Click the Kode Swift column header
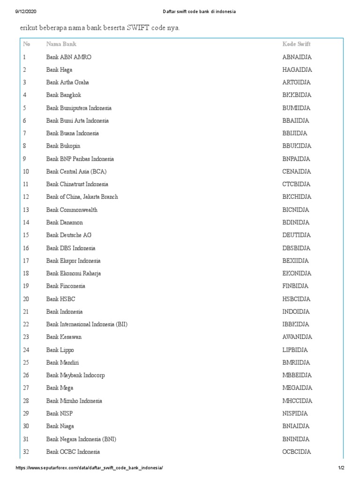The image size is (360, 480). pyautogui.click(x=296, y=44)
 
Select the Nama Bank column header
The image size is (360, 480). pyautogui.click(x=61, y=44)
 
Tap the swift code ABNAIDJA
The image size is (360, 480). pyautogui.click(x=297, y=57)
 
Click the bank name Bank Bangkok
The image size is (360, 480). pyautogui.click(x=63, y=95)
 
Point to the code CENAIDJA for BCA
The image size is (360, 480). pyautogui.click(x=297, y=172)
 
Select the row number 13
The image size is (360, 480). pyautogui.click(x=26, y=210)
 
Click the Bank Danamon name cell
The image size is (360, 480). pyautogui.click(x=64, y=222)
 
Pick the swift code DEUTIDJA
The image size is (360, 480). pyautogui.click(x=296, y=235)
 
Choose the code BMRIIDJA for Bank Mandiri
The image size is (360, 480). pyautogui.click(x=296, y=362)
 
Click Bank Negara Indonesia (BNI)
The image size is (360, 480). pyautogui.click(x=81, y=439)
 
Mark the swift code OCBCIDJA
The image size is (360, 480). pyautogui.click(x=296, y=452)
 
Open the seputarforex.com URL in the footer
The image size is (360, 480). pyautogui.click(x=90, y=468)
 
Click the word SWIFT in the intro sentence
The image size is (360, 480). pyautogui.click(x=134, y=29)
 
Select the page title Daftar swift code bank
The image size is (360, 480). pyautogui.click(x=180, y=11)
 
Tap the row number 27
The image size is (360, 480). pyautogui.click(x=26, y=388)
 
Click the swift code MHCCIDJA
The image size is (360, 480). pyautogui.click(x=297, y=401)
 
